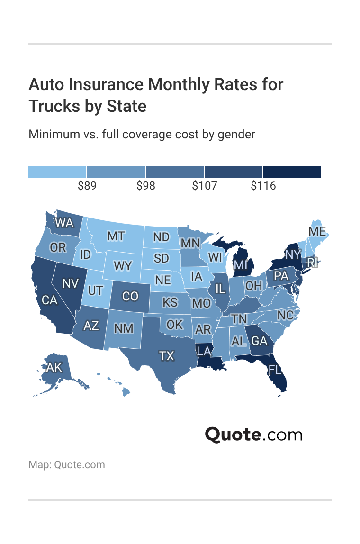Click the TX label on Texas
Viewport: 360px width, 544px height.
[167, 355]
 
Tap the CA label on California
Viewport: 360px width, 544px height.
[49, 300]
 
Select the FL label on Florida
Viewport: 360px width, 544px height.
[275, 369]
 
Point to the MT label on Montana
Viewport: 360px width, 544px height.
[116, 236]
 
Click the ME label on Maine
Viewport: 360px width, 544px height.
[317, 231]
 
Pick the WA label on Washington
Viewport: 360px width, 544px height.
[64, 222]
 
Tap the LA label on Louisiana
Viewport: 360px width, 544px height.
[204, 351]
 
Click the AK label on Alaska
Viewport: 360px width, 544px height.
[54, 367]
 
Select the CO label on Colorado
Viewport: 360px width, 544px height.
[130, 296]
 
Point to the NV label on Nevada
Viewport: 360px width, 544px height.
[70, 283]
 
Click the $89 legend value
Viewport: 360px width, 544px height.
[87, 186]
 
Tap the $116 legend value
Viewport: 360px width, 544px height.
[263, 186]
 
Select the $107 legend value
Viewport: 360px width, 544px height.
[204, 186]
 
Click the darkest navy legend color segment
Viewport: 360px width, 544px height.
[292, 172]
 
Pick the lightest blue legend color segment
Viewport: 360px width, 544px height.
[57, 172]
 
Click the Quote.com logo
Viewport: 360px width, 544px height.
[253, 435]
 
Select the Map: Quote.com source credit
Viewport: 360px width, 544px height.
[67, 464]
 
